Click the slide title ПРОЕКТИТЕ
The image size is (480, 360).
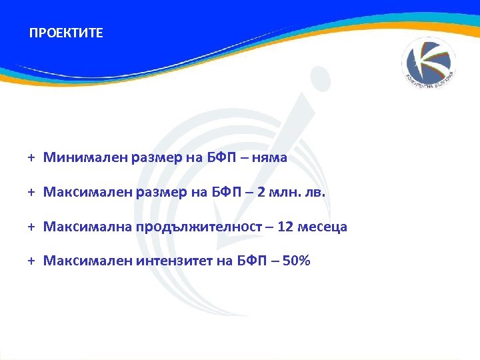point(66,33)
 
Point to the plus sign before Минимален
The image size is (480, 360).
point(31,158)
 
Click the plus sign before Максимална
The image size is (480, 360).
point(31,227)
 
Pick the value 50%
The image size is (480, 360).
point(295,261)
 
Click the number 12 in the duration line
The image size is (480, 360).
point(285,227)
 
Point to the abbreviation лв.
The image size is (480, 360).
point(313,193)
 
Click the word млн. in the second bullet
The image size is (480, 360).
point(285,193)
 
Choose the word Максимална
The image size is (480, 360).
point(87,227)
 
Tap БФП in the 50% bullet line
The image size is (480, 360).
point(251,261)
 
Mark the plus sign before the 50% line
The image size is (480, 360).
point(31,261)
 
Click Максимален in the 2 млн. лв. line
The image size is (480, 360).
point(88,193)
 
